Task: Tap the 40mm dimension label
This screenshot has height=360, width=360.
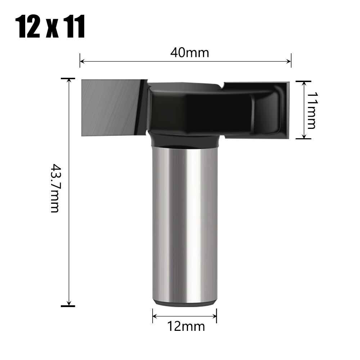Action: [x=190, y=53]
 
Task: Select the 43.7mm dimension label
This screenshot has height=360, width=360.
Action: [x=54, y=188]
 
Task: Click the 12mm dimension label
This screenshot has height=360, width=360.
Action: [x=186, y=327]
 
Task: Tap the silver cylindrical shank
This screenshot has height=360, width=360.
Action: [x=185, y=223]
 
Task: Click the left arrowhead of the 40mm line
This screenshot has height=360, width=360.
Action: [x=82, y=61]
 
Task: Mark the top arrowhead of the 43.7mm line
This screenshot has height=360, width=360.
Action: [x=68, y=80]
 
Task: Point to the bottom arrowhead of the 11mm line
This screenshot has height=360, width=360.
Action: [x=304, y=136]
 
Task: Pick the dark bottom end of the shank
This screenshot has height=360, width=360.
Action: [x=185, y=303]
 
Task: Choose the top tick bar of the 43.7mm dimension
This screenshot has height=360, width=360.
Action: [x=68, y=78]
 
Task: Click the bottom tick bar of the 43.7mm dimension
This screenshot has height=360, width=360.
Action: [x=68, y=306]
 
